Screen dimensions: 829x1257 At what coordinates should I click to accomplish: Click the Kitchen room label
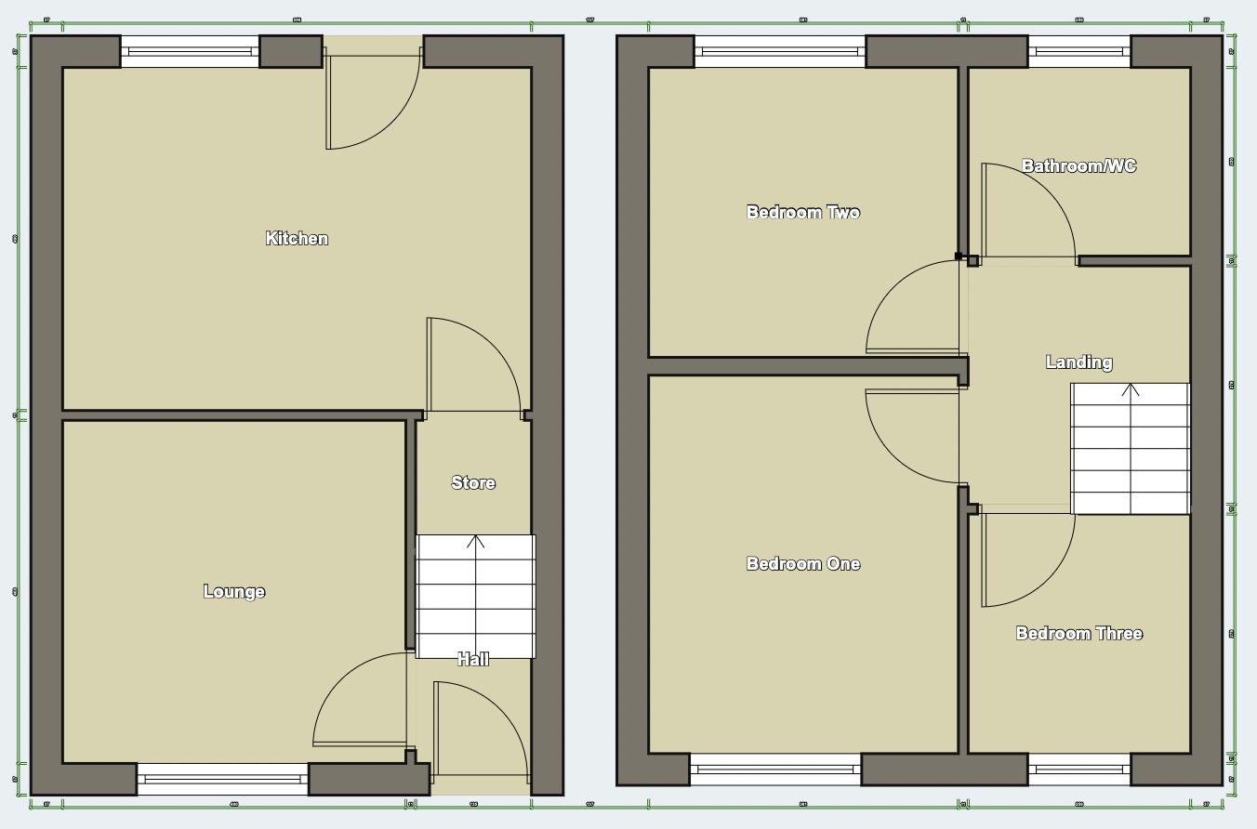(x=298, y=239)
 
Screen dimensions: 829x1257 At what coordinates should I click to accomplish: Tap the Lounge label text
(x=234, y=592)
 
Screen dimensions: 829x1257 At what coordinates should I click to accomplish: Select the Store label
(x=473, y=482)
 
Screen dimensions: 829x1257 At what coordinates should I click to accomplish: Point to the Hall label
(x=473, y=660)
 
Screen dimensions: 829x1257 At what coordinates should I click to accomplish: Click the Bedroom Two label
(x=803, y=212)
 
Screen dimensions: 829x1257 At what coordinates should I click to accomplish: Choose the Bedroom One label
(x=803, y=563)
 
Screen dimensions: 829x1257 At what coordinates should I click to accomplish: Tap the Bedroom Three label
(x=1079, y=633)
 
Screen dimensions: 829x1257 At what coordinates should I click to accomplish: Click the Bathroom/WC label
(x=1078, y=165)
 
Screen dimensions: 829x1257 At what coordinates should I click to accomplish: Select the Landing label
(x=1078, y=362)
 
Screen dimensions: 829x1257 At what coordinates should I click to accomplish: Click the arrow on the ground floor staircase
(x=476, y=543)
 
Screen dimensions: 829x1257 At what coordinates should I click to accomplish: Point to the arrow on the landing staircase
(x=1131, y=390)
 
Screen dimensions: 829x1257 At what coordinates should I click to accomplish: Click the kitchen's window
(x=190, y=51)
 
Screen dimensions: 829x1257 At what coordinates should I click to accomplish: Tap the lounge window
(x=223, y=779)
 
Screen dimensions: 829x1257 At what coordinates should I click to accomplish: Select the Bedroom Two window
(x=780, y=51)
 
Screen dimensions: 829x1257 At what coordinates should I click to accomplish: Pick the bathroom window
(x=1078, y=51)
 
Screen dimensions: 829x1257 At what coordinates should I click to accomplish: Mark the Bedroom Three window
(x=1078, y=770)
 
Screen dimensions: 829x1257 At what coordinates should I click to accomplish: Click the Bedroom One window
(x=775, y=770)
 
